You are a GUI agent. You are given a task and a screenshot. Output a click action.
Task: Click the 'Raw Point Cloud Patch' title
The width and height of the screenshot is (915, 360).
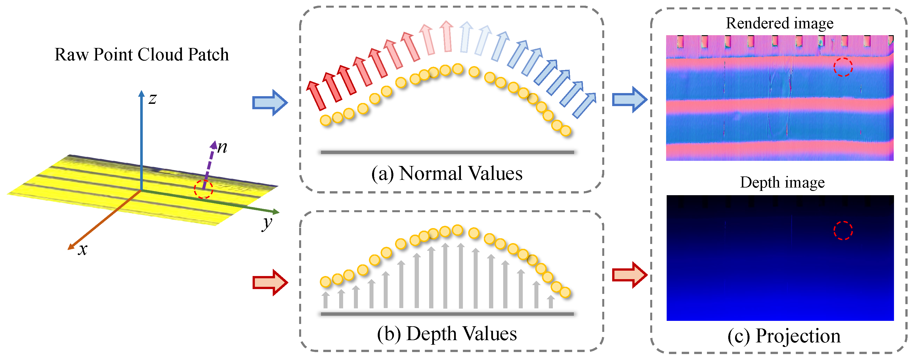pos(141,55)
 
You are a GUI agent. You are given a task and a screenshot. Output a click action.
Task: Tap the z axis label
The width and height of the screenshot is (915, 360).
pos(153,98)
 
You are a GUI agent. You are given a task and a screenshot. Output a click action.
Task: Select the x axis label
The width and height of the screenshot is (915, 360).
pos(82,249)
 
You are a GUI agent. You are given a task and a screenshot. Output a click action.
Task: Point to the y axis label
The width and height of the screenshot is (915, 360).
pos(267,223)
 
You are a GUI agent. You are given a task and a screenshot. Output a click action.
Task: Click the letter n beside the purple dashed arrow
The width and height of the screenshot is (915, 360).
pos(222,147)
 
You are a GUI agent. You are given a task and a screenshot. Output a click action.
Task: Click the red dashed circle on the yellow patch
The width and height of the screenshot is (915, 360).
pos(203,189)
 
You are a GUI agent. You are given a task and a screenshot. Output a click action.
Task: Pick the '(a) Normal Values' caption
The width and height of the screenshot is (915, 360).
pos(447,174)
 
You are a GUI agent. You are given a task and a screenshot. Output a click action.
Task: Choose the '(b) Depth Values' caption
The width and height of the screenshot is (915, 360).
pos(447,334)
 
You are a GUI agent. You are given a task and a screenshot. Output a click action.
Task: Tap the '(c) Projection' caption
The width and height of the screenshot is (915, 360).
pos(784,336)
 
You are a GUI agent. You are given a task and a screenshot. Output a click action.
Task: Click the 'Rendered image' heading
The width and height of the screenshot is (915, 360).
pos(779,24)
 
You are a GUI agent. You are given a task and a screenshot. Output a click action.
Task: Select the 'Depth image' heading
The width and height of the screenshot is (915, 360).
pos(782,182)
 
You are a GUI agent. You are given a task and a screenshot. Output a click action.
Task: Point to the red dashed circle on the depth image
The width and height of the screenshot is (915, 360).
pos(843,231)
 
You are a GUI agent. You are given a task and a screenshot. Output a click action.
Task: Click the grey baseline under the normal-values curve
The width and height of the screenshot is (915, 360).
pos(447,152)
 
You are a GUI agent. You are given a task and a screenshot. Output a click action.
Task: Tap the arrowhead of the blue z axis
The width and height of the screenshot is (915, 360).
pos(141,93)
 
